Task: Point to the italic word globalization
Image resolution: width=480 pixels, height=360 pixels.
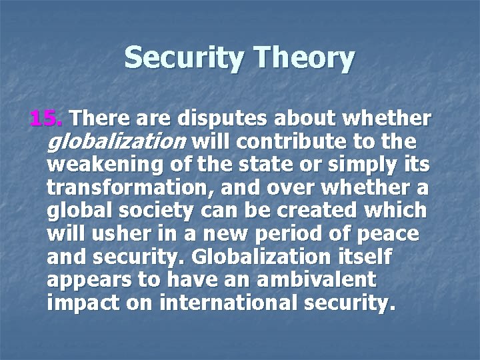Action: click(117, 142)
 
